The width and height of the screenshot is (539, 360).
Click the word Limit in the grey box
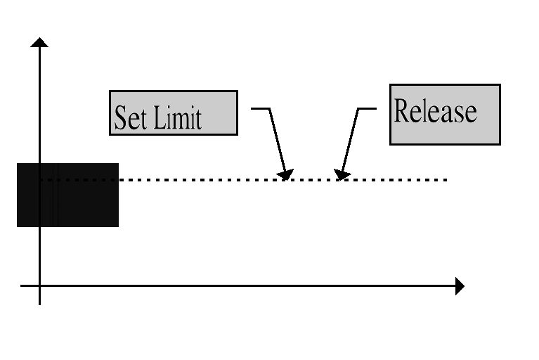(177, 117)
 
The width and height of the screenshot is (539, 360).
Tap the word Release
(436, 110)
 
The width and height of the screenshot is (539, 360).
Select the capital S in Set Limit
(120, 117)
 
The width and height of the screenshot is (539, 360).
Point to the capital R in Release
(402, 110)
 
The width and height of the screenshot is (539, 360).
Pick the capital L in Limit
(159, 117)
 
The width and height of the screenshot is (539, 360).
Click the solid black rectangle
(67, 195)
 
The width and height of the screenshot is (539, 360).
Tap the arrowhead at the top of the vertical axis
(39, 42)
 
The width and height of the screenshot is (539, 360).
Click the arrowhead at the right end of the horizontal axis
(460, 286)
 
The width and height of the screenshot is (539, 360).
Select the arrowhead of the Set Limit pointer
(286, 174)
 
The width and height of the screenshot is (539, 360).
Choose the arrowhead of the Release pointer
(342, 174)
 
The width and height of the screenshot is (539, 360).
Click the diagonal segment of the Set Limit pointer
(277, 141)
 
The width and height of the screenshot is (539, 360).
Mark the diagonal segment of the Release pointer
(350, 141)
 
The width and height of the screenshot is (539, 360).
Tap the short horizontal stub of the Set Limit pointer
(260, 108)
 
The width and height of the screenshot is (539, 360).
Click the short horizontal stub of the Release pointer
(367, 108)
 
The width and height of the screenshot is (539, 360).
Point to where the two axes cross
(39, 285)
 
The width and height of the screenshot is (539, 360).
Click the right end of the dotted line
(446, 180)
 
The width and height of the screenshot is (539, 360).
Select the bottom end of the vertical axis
(39, 304)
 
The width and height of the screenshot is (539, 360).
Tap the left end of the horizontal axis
(21, 285)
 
